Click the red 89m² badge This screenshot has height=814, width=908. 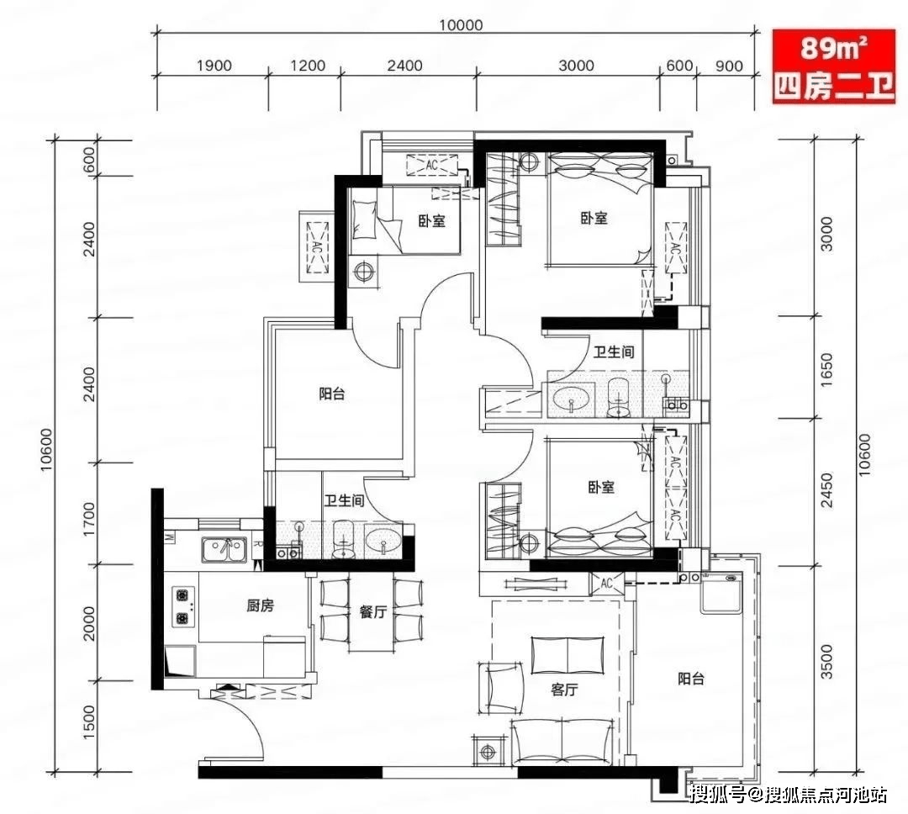click(833, 66)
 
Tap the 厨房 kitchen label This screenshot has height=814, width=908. click(260, 606)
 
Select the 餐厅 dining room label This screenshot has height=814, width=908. click(372, 612)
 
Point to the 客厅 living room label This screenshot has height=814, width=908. click(564, 690)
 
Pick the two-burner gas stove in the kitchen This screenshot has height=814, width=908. click(183, 606)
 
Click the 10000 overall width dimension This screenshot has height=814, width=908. click(461, 25)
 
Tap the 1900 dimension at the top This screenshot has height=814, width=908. click(214, 66)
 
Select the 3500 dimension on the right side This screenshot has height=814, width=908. click(827, 662)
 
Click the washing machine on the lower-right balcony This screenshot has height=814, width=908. click(721, 593)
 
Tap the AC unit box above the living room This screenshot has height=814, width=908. click(607, 583)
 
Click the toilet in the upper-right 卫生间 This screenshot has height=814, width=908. click(618, 398)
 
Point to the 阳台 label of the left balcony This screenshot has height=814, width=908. click(332, 394)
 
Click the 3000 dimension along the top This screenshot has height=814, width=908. click(576, 66)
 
